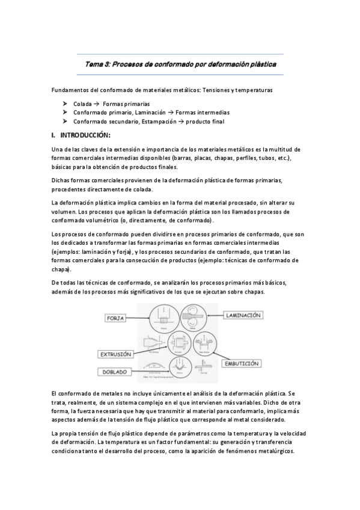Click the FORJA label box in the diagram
coord(120,317)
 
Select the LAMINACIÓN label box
coord(243,315)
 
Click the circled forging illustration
coord(162,316)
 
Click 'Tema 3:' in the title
coord(98,63)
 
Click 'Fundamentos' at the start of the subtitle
coord(70,90)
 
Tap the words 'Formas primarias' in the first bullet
coord(126,103)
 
